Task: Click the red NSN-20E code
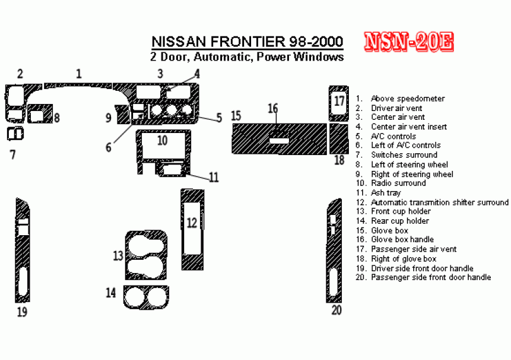409,42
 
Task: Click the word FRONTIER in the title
248,42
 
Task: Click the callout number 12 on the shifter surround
192,223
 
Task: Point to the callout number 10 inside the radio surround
162,141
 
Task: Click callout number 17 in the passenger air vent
339,101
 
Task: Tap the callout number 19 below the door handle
22,312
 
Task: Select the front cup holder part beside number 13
146,255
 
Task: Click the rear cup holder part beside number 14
146,297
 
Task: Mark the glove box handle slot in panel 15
279,141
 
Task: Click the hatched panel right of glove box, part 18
339,139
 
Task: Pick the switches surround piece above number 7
15,134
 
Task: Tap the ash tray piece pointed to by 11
172,170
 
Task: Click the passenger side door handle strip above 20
334,250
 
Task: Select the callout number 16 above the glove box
273,108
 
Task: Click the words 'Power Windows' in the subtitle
300,56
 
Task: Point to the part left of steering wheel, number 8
40,113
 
